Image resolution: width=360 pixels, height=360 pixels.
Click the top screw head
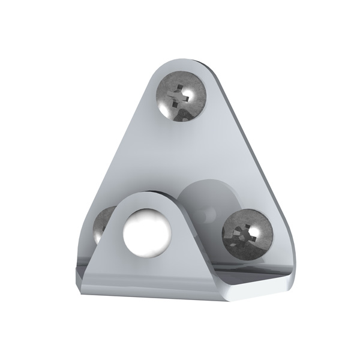pos(181,96)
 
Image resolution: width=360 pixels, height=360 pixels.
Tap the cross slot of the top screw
pos(178,97)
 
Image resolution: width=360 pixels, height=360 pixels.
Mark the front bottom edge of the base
pos(180,296)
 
